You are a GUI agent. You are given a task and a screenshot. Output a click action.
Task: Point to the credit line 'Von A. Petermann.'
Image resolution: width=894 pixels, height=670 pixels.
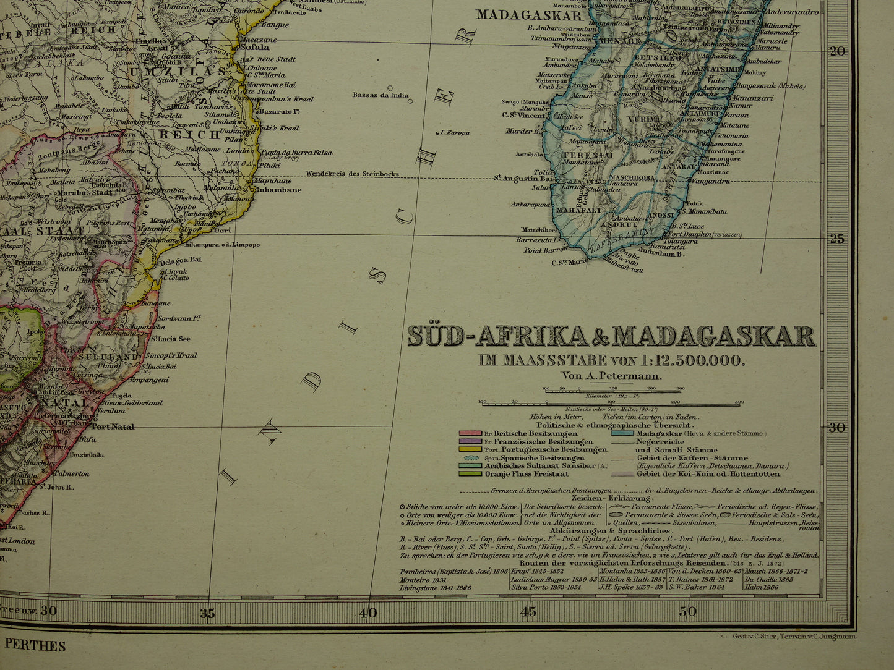point(612,375)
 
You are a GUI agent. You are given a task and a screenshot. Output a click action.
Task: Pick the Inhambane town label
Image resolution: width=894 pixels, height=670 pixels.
point(280,189)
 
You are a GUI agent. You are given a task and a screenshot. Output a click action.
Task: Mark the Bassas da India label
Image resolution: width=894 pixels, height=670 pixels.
point(380,95)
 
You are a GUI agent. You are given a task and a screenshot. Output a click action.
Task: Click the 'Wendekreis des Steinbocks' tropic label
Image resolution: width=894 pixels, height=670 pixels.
point(352,174)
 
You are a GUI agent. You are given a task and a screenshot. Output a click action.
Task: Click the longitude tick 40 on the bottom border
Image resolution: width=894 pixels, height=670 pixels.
point(368,612)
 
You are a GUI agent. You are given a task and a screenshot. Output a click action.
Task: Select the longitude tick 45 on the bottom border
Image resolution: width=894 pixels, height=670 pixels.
point(528,612)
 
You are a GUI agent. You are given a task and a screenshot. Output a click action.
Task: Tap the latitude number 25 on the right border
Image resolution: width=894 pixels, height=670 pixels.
point(837,239)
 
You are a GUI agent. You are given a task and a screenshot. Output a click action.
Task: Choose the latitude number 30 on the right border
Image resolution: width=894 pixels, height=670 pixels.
point(837,427)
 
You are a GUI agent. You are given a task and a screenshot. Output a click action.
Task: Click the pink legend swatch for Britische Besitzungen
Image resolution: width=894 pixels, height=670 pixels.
point(470,434)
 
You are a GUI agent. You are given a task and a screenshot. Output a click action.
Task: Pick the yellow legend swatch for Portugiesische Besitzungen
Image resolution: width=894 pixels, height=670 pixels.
point(470,450)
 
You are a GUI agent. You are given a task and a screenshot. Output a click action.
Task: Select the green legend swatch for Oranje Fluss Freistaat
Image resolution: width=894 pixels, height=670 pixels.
point(470,473)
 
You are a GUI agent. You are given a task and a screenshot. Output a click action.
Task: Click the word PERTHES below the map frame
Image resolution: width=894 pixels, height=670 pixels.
point(35,646)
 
